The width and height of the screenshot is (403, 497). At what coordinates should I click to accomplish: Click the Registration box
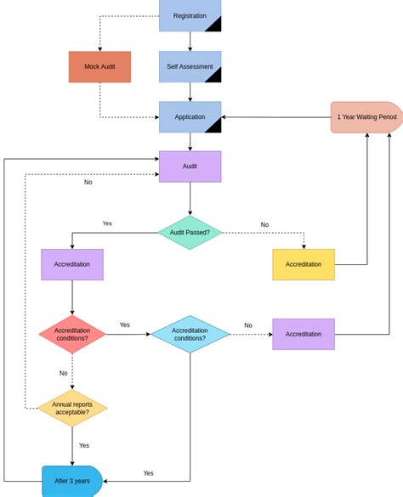pos(190,15)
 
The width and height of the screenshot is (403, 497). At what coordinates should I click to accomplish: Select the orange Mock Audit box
pos(99,67)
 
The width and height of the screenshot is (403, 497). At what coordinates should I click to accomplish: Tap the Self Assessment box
pos(190,67)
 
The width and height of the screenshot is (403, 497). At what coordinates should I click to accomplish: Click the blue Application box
pos(190,117)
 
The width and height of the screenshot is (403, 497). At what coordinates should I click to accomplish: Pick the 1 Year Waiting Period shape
pos(366,117)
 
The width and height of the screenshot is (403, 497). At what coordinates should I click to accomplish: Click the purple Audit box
pos(190,167)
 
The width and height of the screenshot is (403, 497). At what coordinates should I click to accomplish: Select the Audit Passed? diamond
pos(190,232)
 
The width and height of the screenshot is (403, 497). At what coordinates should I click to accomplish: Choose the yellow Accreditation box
pos(304,264)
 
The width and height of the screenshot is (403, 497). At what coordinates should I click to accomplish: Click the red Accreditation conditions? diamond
pos(72,334)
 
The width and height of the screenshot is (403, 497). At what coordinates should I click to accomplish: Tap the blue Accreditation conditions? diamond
pos(190,334)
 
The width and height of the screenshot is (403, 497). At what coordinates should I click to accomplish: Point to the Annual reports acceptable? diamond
pos(72,409)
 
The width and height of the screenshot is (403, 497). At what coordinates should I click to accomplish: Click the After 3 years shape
pos(72,481)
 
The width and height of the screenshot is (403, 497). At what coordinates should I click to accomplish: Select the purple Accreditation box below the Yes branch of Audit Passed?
pos(72,264)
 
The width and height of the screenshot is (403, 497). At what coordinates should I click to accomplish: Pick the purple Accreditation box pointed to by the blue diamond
pos(304,334)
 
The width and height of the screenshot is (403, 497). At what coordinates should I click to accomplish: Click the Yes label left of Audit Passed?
pos(107,223)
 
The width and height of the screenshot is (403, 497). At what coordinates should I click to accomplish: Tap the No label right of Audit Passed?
pos(264,225)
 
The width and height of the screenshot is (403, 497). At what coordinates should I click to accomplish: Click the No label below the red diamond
pos(63,373)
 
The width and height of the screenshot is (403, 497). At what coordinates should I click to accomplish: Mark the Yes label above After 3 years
pos(84,445)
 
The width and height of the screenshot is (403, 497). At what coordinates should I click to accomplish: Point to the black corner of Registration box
pos(214,25)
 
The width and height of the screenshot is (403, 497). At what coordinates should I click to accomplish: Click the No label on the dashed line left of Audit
pos(88,182)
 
